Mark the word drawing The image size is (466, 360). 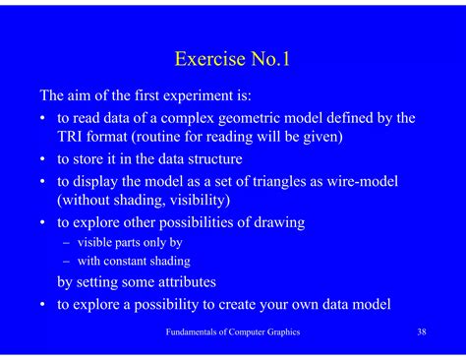tap(278, 222)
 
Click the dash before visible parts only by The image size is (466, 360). tap(66, 242)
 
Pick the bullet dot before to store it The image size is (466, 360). tap(44, 159)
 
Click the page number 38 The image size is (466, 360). tap(421, 332)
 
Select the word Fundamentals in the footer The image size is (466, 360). tap(193, 332)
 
